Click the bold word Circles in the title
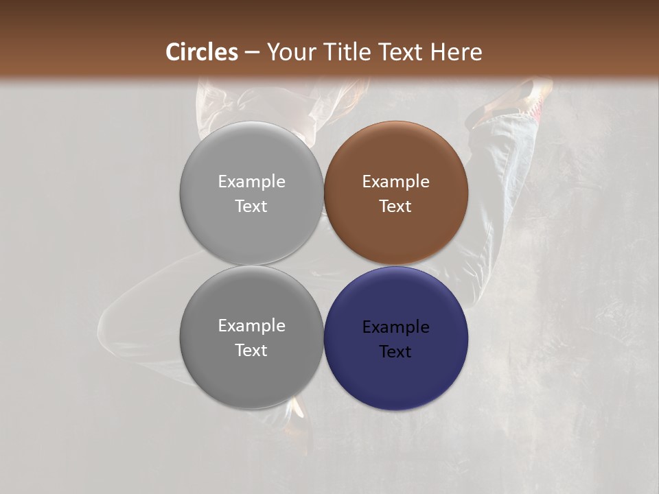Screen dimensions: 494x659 click(202, 52)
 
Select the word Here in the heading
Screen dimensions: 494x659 click(456, 52)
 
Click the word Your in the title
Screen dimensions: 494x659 click(290, 52)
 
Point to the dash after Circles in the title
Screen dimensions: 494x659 click(251, 53)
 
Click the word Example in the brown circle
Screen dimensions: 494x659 click(395, 181)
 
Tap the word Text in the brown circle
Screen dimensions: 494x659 click(395, 206)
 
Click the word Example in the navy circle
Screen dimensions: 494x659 click(395, 327)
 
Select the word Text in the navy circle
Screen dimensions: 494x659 click(395, 351)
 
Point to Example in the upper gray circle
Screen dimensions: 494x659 click(251, 181)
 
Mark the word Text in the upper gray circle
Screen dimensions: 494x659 click(251, 206)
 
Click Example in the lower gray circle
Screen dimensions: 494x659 click(251, 325)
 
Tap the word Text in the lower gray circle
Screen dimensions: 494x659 click(251, 350)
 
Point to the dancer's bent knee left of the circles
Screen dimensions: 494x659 click(113, 322)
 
